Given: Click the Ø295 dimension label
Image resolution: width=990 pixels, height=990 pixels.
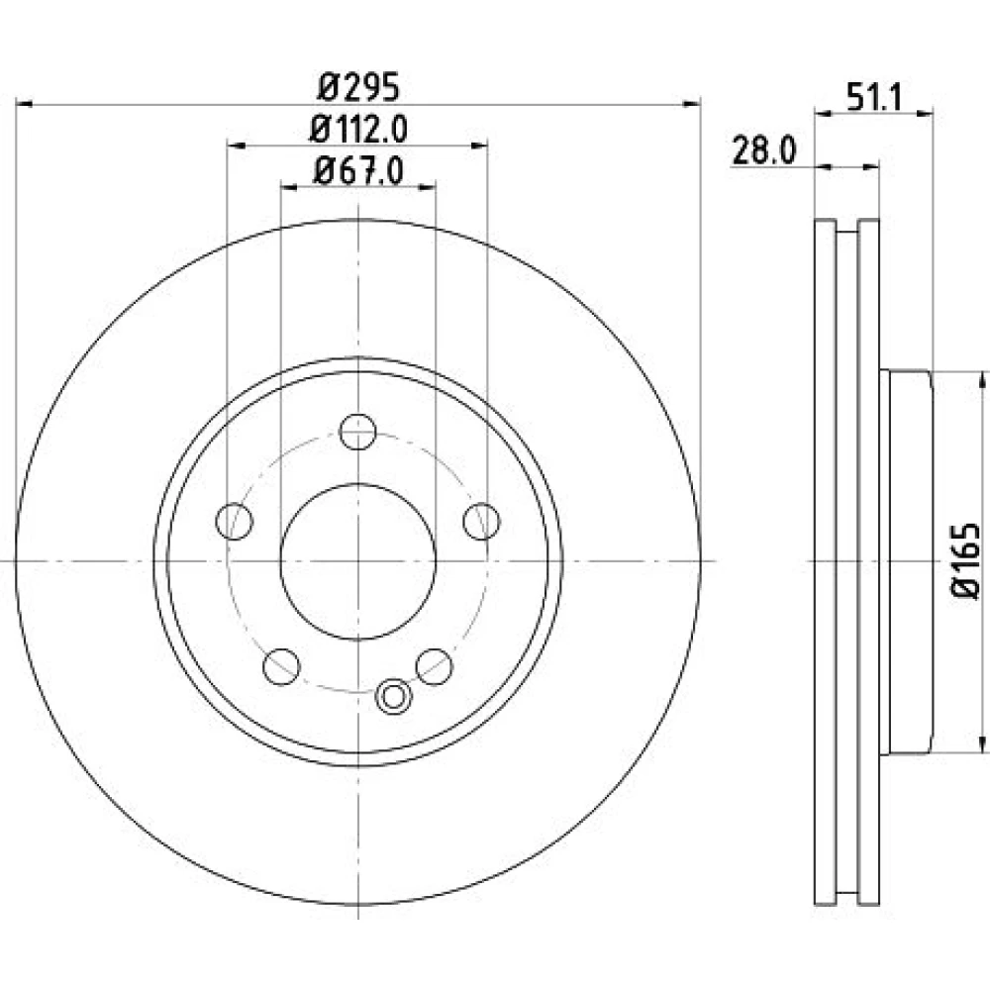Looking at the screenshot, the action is click(x=358, y=87).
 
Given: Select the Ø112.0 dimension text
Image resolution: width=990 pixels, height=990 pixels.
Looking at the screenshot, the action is click(x=358, y=130).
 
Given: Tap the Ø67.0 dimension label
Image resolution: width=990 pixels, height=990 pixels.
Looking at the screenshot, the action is click(x=357, y=170).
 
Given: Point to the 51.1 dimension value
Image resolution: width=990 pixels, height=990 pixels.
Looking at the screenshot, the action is click(x=875, y=98).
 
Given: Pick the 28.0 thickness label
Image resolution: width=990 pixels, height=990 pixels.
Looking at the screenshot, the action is click(x=763, y=151).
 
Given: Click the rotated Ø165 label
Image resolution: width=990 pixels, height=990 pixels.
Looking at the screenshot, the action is click(x=965, y=559).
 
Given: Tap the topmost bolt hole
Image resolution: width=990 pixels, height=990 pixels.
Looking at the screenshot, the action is click(x=358, y=432).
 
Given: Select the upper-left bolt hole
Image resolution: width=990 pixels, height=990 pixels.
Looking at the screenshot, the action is click(x=235, y=522).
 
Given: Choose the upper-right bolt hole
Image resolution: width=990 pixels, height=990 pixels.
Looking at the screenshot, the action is click(x=481, y=522).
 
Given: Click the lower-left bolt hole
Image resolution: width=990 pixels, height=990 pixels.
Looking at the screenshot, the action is click(x=281, y=666).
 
